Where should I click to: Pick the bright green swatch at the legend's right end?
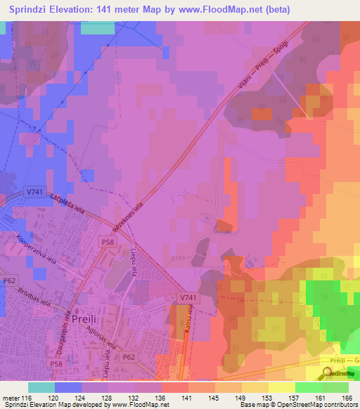pos(335,387)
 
